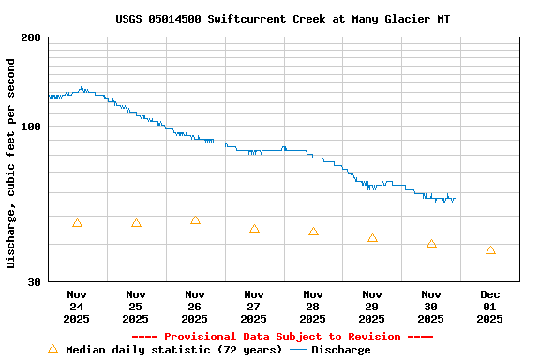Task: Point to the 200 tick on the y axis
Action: [31, 37]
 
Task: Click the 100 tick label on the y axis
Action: [31, 127]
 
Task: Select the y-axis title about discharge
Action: [11, 163]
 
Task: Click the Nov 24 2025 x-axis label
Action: [77, 307]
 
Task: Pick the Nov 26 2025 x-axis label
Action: [195, 307]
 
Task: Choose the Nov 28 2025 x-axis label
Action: [313, 307]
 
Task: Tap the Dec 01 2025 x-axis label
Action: [490, 307]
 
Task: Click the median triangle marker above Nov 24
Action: [77, 223]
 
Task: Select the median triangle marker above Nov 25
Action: [136, 223]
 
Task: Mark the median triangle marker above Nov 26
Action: [195, 220]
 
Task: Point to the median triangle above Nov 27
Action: [254, 229]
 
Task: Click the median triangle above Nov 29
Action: [372, 238]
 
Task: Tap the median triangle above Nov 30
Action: [431, 244]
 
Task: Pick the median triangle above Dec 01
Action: [490, 250]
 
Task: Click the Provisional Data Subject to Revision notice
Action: [282, 337]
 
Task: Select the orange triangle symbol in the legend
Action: [52, 349]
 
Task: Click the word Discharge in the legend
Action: [340, 350]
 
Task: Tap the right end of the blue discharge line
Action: [455, 199]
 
